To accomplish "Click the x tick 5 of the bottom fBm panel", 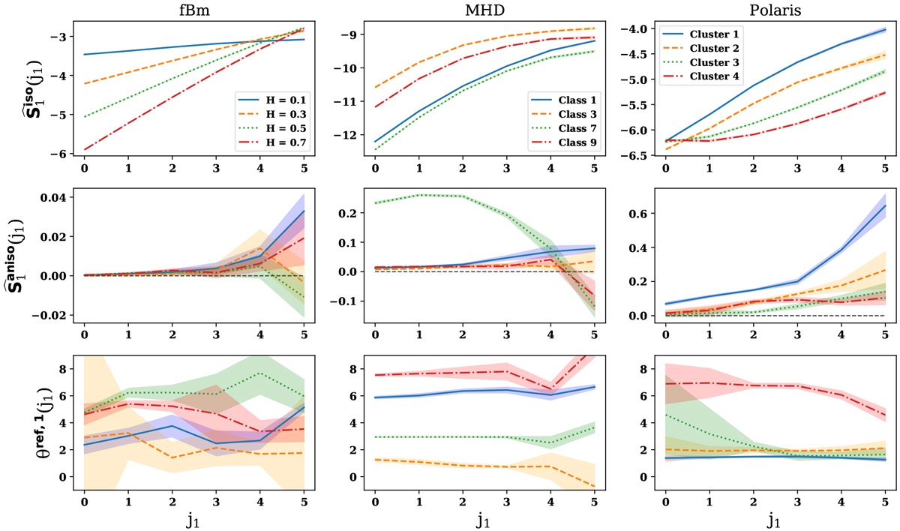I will pos(304,499).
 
